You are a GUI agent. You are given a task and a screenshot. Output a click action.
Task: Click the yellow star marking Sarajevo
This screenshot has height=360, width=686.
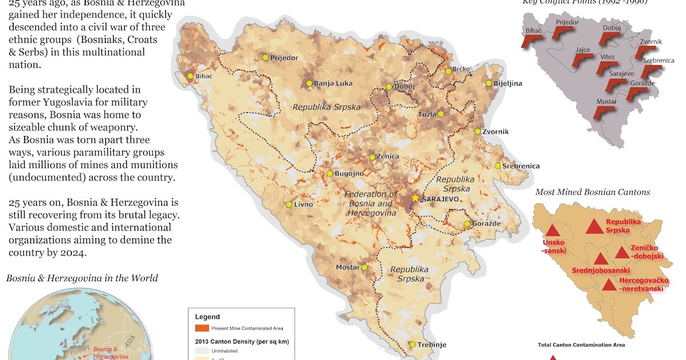(x=415, y=198)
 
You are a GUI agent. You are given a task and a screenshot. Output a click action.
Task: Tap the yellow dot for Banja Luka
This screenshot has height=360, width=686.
(x=309, y=83)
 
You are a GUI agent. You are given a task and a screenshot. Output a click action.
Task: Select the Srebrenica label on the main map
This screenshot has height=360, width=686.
(x=521, y=166)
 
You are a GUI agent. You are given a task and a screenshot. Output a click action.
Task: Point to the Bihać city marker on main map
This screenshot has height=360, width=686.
(x=190, y=76)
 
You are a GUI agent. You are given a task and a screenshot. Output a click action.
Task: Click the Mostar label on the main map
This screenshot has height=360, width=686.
(x=346, y=267)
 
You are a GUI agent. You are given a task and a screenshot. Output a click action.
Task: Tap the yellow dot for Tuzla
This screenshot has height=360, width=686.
(x=440, y=114)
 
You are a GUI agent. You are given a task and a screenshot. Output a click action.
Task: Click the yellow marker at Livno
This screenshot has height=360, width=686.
(x=289, y=205)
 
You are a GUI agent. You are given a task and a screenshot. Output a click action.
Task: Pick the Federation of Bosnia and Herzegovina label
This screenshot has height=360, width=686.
(x=370, y=203)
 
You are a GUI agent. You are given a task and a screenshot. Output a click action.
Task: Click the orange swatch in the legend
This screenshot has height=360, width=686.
(x=202, y=328)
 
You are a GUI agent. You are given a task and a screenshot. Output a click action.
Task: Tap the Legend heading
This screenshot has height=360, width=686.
(x=207, y=317)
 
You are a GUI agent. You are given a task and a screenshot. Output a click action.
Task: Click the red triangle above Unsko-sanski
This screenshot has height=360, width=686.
(x=552, y=231)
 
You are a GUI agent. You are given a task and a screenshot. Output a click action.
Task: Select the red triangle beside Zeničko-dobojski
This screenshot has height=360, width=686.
(x=622, y=253)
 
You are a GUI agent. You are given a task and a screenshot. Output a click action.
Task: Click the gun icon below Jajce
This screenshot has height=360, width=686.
(x=582, y=61)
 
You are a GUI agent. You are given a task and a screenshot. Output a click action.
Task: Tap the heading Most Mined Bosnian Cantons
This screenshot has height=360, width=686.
(x=592, y=192)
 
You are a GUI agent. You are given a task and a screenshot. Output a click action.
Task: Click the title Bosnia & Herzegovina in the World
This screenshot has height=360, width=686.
(x=82, y=278)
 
